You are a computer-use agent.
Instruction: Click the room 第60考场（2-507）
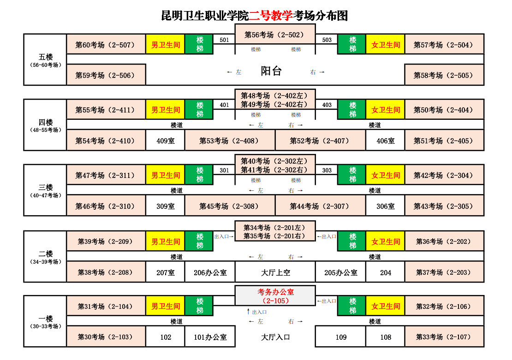tap(106, 45)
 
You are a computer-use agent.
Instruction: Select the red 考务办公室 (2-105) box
tap(275, 296)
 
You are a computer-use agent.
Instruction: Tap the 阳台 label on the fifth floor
tap(271, 71)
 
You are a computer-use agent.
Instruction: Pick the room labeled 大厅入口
tap(275, 337)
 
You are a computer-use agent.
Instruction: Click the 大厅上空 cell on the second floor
tap(275, 272)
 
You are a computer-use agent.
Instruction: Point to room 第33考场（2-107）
tap(444, 337)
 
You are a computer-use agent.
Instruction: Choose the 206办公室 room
tap(210, 272)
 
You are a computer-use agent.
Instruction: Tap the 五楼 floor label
tap(46, 57)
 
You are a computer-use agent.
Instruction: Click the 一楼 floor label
tap(46, 319)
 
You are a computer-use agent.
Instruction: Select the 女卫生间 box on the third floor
tap(386, 176)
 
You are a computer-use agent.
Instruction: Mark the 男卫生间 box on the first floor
tap(165, 307)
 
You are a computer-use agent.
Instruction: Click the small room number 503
tap(327, 40)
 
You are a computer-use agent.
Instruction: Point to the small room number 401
tap(224, 105)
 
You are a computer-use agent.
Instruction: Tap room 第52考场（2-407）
tap(320, 141)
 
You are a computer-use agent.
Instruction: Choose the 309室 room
tap(165, 206)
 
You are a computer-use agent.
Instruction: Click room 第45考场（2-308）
tap(229, 206)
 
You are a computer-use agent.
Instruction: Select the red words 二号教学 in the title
tap(271, 16)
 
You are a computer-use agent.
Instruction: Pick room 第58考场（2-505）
tap(444, 75)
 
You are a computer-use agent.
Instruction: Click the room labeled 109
tap(341, 337)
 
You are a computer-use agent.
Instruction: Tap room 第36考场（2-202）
tap(444, 242)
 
